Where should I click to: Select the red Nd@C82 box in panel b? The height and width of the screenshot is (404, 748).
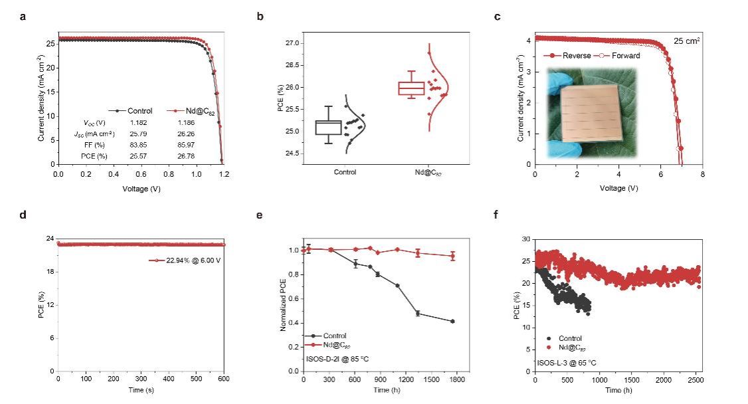(x=411, y=88)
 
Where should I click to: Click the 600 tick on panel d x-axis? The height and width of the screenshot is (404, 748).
(x=224, y=379)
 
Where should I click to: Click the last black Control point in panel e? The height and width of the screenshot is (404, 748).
(x=452, y=322)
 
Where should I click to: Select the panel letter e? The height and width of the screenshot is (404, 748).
(x=259, y=216)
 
